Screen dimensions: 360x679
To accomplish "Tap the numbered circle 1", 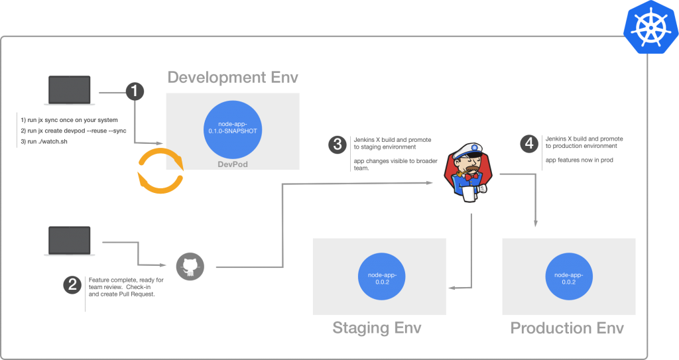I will point(135,91).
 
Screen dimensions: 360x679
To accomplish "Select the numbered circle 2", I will point(72,286).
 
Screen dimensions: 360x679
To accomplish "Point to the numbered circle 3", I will point(339,143).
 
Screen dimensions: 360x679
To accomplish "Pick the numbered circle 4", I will point(528,143).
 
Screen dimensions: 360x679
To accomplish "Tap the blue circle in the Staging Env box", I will point(379,275).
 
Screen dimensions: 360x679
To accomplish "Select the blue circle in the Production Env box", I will point(568,275).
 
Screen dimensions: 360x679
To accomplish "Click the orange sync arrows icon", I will point(160,170).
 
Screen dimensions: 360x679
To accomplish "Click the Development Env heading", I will point(233,78).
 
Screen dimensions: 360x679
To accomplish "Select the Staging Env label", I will point(377,328).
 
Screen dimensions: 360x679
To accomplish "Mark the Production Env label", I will point(567,328).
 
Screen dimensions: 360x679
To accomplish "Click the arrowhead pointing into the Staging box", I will point(452,288).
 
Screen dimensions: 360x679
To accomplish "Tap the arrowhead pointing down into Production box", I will point(534,229).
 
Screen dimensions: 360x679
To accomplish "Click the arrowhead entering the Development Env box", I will point(161,143).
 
